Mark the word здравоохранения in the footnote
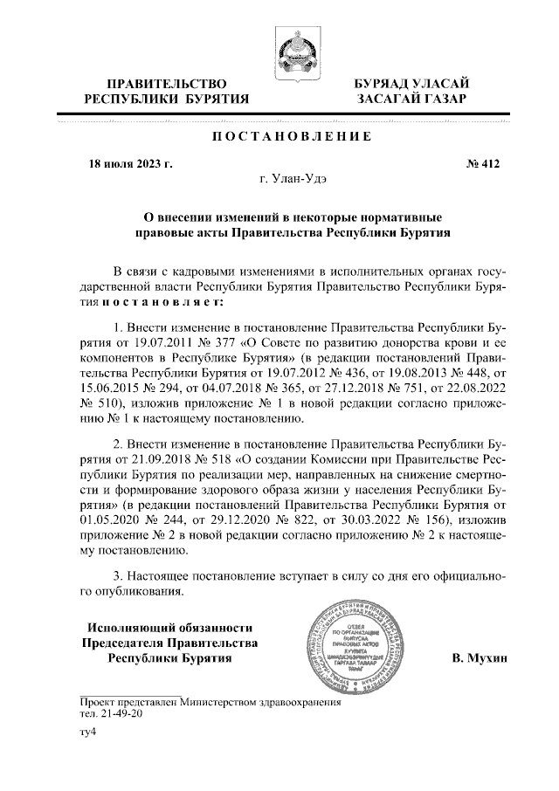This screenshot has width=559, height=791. pyautogui.click(x=300, y=701)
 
